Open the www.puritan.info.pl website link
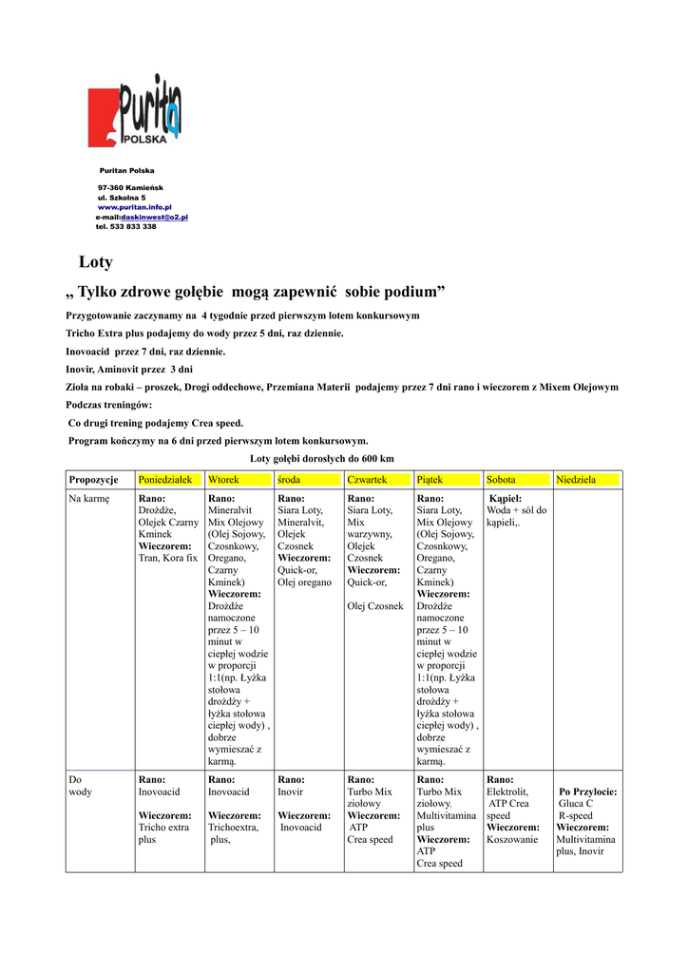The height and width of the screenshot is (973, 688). [x=134, y=206]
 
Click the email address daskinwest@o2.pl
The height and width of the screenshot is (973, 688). [x=154, y=217]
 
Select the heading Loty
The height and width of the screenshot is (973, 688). [x=95, y=262]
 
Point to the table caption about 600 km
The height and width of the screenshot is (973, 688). [x=321, y=459]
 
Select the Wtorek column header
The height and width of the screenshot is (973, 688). [x=223, y=480]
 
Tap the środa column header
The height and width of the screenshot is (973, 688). [x=289, y=480]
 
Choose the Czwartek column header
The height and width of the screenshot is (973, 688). [x=367, y=480]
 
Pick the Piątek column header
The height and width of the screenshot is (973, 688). [x=430, y=480]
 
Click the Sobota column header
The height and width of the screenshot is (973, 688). [x=501, y=480]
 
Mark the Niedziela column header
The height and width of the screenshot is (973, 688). [x=576, y=480]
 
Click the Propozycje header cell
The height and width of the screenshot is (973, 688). [x=93, y=480]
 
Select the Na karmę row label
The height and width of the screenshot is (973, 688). [x=89, y=498]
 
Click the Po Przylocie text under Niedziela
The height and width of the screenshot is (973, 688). [x=588, y=792]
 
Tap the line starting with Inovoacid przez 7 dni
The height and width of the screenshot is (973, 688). [x=145, y=351]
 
